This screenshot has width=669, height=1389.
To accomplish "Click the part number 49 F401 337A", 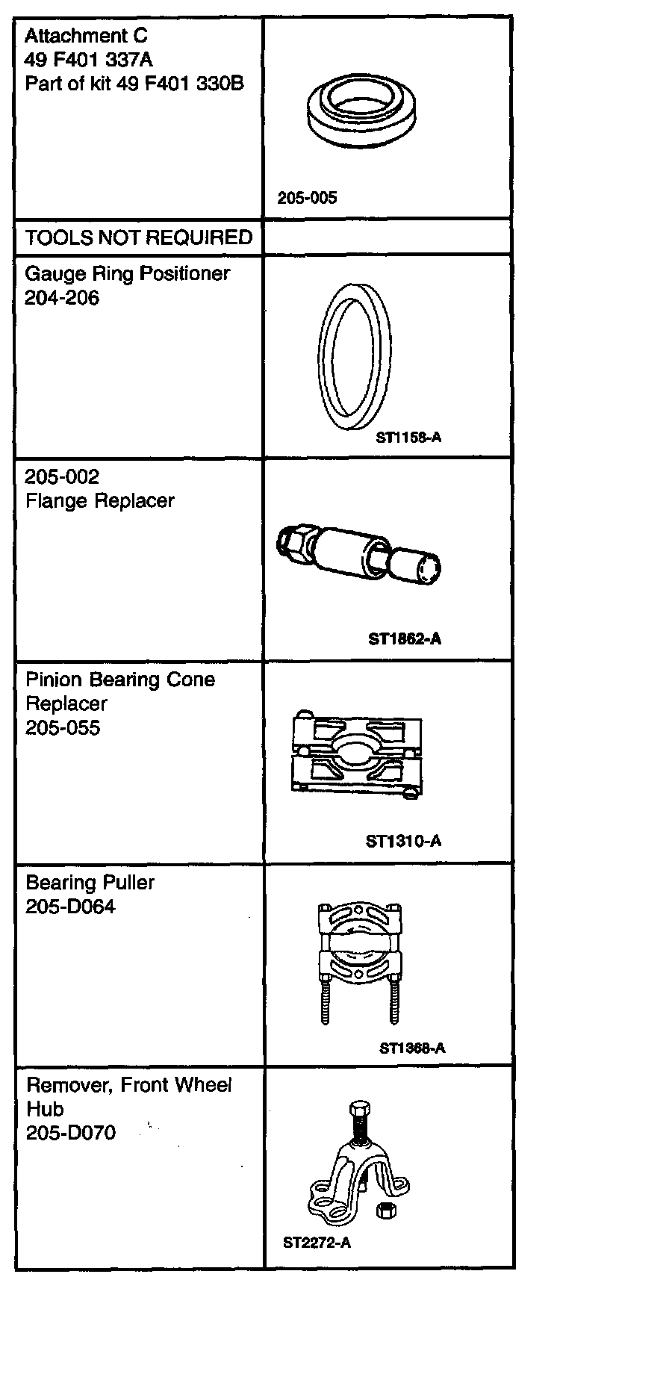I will click(x=89, y=60).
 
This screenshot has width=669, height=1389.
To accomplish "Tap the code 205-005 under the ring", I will click(x=307, y=198).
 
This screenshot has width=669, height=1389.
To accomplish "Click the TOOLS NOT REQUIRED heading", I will click(x=139, y=237).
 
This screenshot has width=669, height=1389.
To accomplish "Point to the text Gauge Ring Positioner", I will click(x=128, y=273).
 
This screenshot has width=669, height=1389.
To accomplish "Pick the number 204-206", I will click(x=62, y=298).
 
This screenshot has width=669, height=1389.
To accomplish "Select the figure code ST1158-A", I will click(x=408, y=438).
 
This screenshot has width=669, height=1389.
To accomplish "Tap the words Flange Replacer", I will click(x=100, y=501).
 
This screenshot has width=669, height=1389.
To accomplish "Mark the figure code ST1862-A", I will click(x=405, y=639).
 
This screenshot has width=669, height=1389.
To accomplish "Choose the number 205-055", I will click(x=63, y=728).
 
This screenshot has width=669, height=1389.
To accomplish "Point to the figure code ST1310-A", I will click(x=403, y=842).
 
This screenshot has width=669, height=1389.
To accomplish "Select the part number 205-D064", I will click(x=71, y=907).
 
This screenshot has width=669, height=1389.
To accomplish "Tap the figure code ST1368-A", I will click(x=412, y=1048).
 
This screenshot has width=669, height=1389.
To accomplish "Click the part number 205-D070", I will click(x=71, y=1133).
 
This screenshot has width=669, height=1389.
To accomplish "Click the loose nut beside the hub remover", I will click(x=386, y=1211).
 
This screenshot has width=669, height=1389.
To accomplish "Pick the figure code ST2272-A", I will click(x=317, y=1243).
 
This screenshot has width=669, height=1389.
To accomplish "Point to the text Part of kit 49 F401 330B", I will click(x=134, y=84).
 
